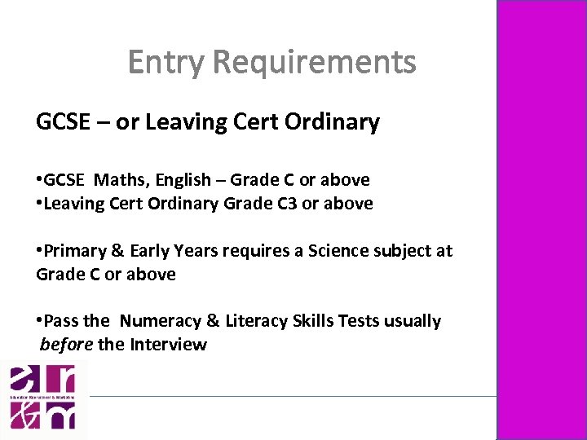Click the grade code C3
[285, 204]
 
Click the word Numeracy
[157, 321]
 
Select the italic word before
[66, 345]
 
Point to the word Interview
[168, 345]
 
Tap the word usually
[412, 321]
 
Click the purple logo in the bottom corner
[42, 398]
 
